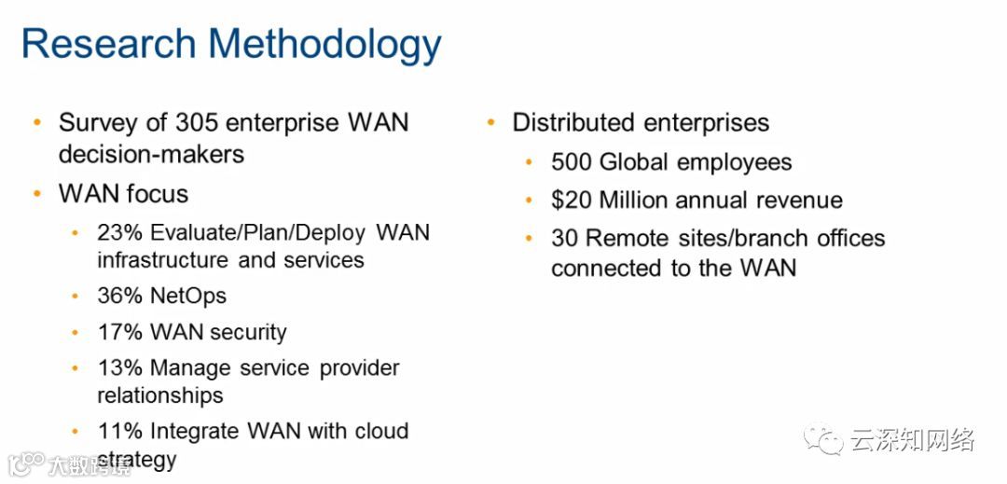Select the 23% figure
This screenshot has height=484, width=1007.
point(118,232)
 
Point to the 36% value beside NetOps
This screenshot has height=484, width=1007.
point(118,297)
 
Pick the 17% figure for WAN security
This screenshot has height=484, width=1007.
point(118,332)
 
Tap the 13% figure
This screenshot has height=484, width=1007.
point(118,367)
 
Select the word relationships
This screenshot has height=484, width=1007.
point(160,394)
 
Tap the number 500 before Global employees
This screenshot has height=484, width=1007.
point(571,162)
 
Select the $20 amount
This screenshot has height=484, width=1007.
point(572,200)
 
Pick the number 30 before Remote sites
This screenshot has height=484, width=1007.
point(564,238)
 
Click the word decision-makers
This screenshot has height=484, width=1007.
point(152,154)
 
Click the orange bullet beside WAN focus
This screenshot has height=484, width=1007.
point(37,193)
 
